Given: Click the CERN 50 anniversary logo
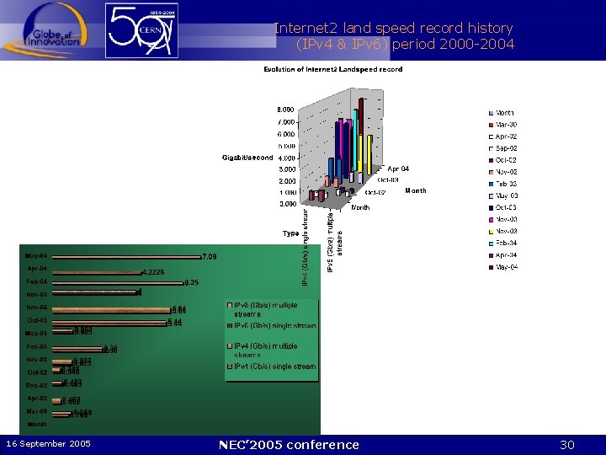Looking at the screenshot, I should pyautogui.click(x=141, y=30).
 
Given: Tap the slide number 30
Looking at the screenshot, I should pyautogui.click(x=567, y=445).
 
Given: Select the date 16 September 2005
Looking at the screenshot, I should pyautogui.click(x=49, y=444).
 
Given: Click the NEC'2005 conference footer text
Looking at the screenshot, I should pyautogui.click(x=289, y=445).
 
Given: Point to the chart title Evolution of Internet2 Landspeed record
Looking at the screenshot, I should pyautogui.click(x=332, y=69).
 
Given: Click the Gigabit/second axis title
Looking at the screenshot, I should pyautogui.click(x=247, y=158).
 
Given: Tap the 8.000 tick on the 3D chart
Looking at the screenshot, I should pyautogui.click(x=286, y=110).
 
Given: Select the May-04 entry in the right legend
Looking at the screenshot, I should pyautogui.click(x=507, y=267).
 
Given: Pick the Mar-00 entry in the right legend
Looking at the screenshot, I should pyautogui.click(x=507, y=125).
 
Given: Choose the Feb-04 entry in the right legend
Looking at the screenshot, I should pyautogui.click(x=507, y=243).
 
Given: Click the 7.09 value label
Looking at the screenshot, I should pyautogui.click(x=210, y=256).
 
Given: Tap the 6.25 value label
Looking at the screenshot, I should pyautogui.click(x=191, y=282).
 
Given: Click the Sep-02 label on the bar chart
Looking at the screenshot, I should pyautogui.click(x=37, y=386).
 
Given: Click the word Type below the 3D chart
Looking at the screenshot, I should pyautogui.click(x=290, y=233).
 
